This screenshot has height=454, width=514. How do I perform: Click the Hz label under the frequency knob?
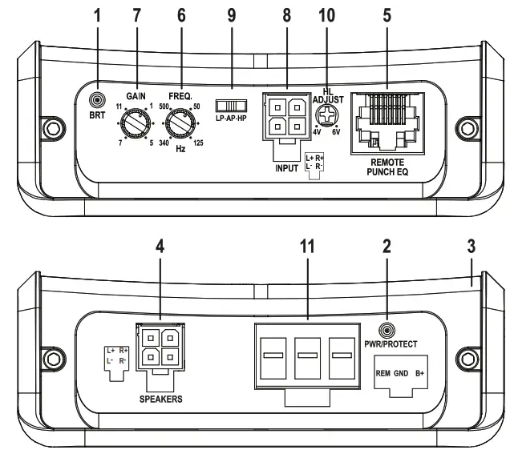(181, 150)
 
